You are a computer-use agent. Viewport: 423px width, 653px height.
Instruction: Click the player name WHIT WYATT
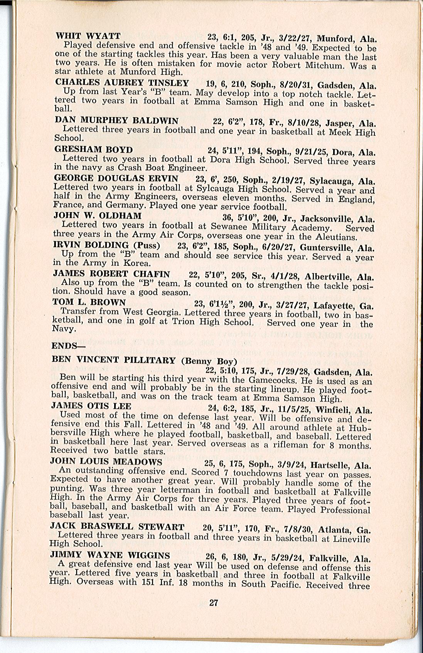88,36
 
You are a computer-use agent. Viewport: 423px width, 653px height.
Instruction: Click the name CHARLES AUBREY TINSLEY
122,83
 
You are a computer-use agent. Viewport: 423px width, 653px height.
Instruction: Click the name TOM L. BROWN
89,302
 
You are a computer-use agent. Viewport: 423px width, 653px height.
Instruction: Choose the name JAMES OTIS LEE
91,406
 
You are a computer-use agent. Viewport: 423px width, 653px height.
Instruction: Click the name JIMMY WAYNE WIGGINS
110,555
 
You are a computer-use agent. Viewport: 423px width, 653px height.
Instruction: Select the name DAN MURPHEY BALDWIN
116,120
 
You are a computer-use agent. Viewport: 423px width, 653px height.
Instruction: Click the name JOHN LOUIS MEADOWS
106,462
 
